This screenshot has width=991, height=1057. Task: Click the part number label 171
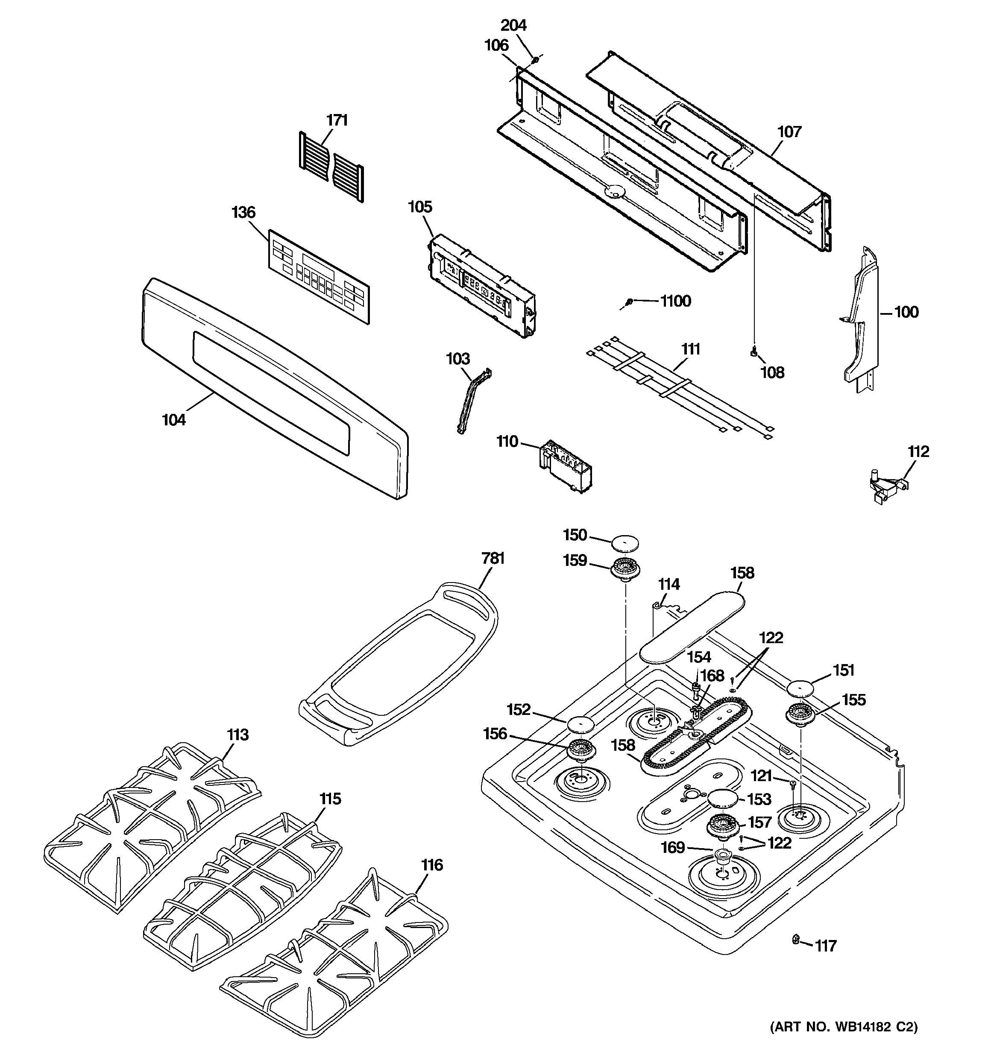click(337, 121)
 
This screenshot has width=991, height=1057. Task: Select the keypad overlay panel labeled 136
click(318, 276)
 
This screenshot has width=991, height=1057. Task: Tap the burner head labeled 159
click(625, 569)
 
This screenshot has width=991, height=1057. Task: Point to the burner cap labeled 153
click(722, 798)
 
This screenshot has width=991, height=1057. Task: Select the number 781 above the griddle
click(493, 559)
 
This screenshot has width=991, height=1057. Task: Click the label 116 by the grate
click(431, 866)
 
